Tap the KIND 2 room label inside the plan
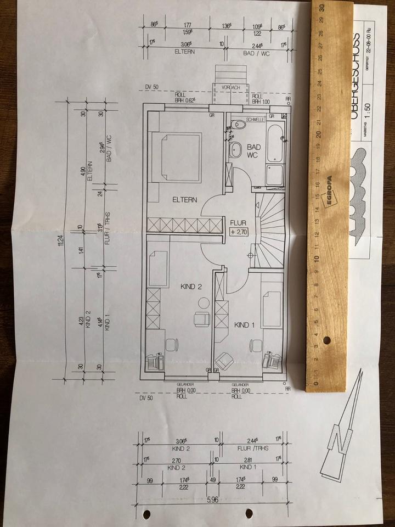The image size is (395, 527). point(192,287)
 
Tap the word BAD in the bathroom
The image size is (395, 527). point(254,147)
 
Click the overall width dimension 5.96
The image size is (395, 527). point(211,500)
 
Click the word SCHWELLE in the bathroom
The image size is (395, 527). point(256,119)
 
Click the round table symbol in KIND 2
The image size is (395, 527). point(204,301)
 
